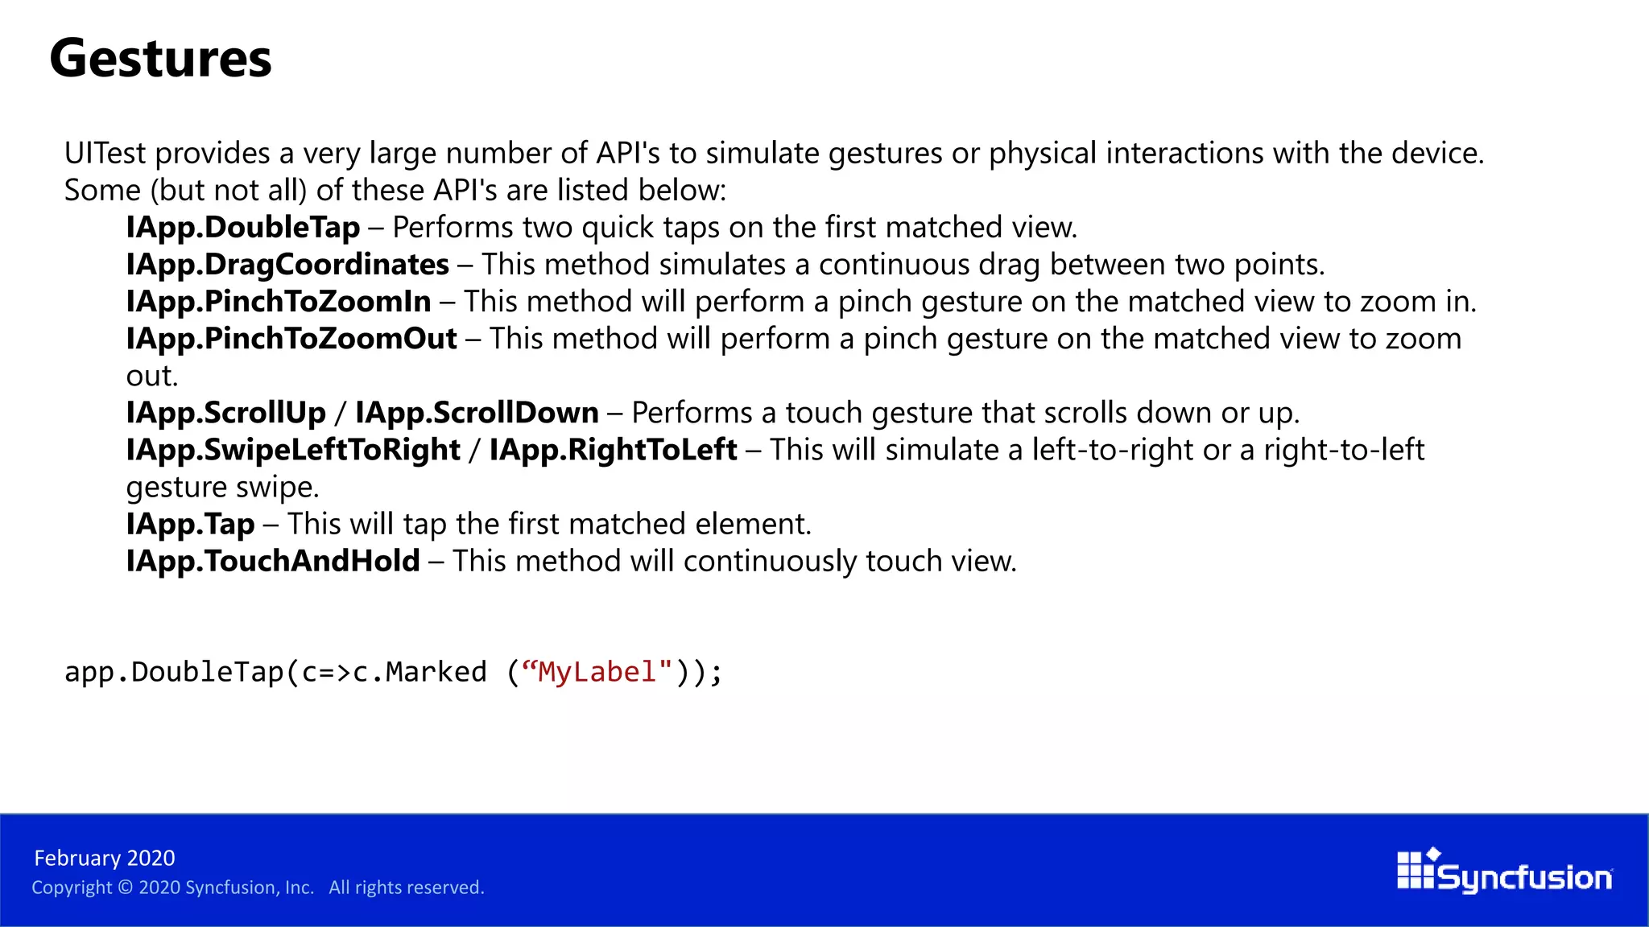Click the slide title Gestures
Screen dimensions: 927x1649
tap(161, 59)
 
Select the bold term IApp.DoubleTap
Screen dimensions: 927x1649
tap(243, 228)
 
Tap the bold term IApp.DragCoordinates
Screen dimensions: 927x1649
tap(287, 265)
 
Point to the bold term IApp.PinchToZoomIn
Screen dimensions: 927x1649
tap(279, 302)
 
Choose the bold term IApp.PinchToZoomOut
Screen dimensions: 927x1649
tap(291, 339)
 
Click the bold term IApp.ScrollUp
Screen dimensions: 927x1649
tap(225, 413)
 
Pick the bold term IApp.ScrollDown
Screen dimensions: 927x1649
tap(477, 413)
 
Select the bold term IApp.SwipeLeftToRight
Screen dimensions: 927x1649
tap(293, 450)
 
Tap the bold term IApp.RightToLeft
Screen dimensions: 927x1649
tap(613, 450)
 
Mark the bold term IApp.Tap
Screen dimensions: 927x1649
tap(190, 524)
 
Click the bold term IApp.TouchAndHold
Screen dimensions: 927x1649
tap(273, 561)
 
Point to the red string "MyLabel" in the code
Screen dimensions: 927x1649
tap(597, 672)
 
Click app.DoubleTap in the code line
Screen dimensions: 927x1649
tap(174, 672)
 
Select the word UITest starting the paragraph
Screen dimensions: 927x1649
tap(105, 153)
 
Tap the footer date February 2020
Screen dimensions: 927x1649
tap(105, 858)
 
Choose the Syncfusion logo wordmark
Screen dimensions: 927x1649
tap(1523, 877)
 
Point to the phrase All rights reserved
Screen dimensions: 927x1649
tap(406, 888)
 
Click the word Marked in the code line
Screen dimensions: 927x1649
tap(436, 672)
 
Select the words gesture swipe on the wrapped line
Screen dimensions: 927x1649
tap(222, 487)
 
